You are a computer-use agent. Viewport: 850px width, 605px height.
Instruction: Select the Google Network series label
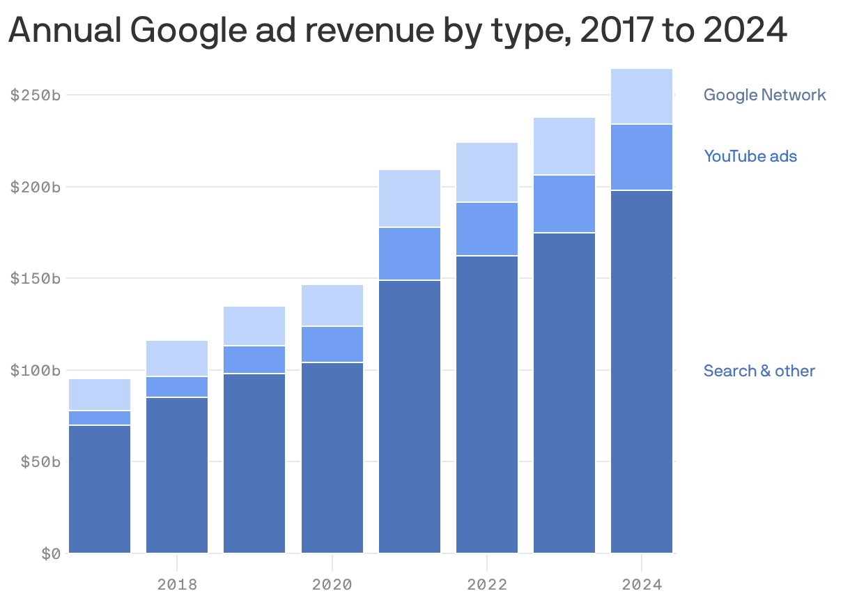pyautogui.click(x=764, y=95)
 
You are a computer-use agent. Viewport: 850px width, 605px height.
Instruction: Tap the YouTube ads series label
pyautogui.click(x=750, y=156)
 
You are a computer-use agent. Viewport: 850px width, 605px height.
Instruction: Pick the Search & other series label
pyautogui.click(x=759, y=371)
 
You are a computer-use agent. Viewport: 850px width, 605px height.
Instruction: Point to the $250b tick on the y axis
pyautogui.click(x=36, y=95)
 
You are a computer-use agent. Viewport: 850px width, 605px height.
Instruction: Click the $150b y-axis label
pyautogui.click(x=36, y=279)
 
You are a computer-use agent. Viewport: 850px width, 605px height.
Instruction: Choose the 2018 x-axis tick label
pyautogui.click(x=177, y=584)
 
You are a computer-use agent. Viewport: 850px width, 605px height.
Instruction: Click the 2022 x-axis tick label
pyautogui.click(x=487, y=584)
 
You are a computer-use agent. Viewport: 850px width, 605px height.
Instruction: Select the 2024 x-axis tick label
pyautogui.click(x=642, y=584)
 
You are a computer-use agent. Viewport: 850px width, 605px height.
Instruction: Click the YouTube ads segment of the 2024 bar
pyautogui.click(x=642, y=157)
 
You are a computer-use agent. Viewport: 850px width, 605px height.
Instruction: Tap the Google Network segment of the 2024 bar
pyautogui.click(x=642, y=96)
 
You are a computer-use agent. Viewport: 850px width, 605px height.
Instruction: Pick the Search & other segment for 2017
pyautogui.click(x=100, y=488)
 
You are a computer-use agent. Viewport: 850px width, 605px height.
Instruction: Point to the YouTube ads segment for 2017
pyautogui.click(x=100, y=418)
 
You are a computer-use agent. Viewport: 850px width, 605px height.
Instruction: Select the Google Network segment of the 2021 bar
pyautogui.click(x=410, y=198)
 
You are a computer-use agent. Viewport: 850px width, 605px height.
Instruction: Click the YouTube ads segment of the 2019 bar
pyautogui.click(x=254, y=360)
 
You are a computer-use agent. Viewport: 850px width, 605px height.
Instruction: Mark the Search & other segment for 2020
pyautogui.click(x=332, y=457)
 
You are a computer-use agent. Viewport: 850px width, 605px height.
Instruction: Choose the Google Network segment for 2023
pyautogui.click(x=564, y=146)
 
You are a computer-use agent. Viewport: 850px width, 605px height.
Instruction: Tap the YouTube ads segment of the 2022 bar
pyautogui.click(x=487, y=229)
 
